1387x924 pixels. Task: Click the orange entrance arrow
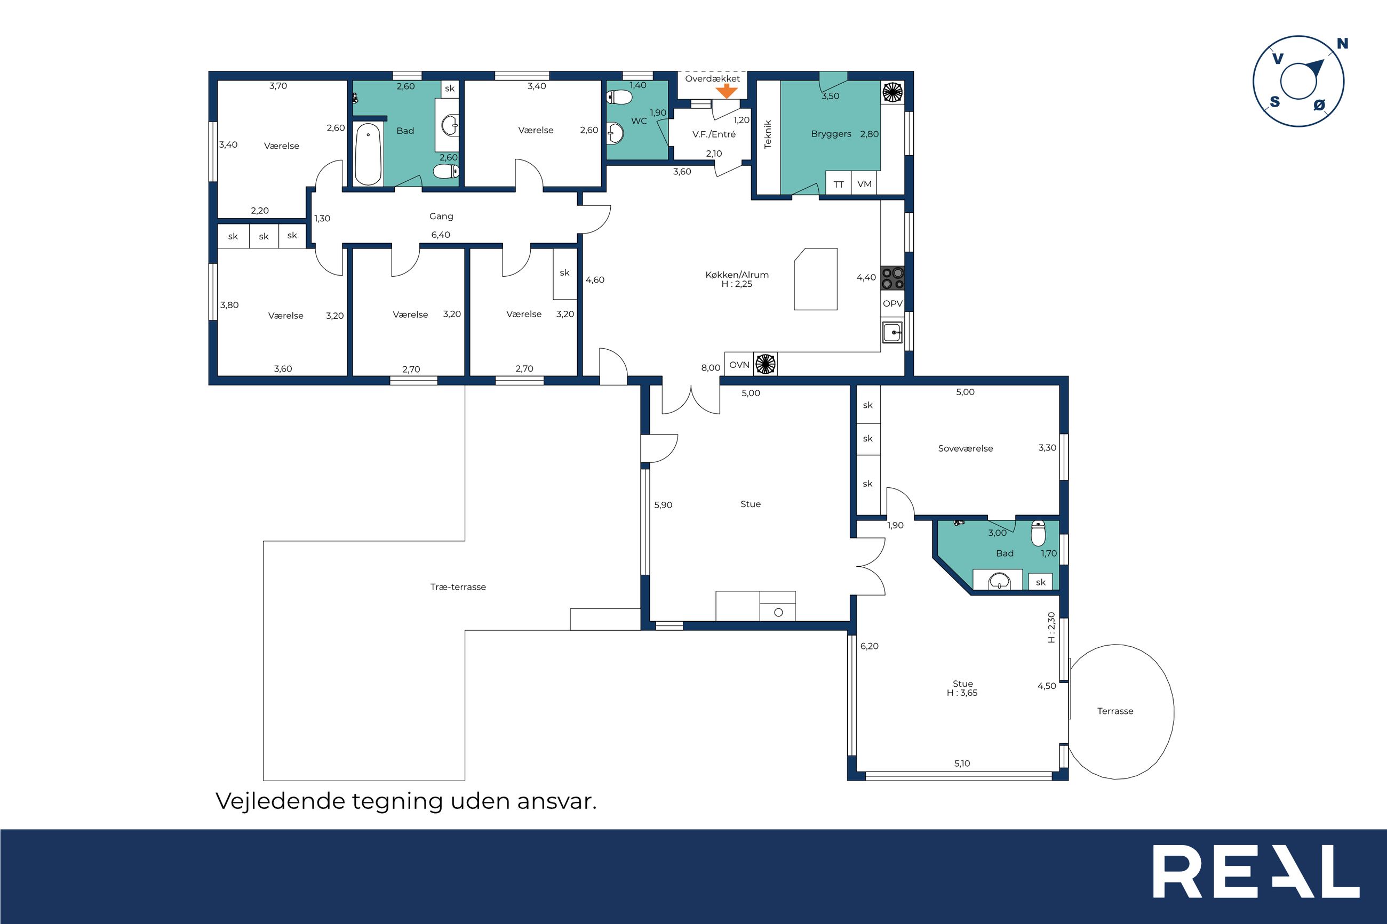tap(727, 91)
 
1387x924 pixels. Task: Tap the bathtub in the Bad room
tap(369, 154)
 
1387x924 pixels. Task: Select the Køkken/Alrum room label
tap(737, 275)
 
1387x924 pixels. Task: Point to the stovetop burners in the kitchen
tap(892, 278)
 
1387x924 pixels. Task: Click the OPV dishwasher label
tap(892, 303)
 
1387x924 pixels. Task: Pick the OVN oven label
tap(739, 365)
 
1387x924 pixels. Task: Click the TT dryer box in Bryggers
tap(838, 183)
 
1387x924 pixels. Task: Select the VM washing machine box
tap(864, 183)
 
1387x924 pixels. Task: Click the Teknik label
tap(768, 134)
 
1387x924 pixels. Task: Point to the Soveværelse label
tap(966, 448)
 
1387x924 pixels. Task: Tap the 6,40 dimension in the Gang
tap(440, 235)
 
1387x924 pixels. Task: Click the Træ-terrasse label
tap(458, 587)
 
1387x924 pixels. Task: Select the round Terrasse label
tap(1115, 711)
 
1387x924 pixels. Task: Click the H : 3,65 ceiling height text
tap(962, 693)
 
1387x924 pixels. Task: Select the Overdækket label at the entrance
tap(712, 78)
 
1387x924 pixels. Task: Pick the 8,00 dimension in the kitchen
tap(710, 368)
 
